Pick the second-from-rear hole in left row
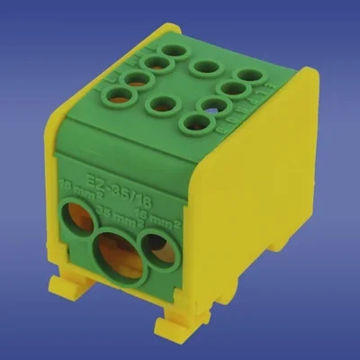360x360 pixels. [x=157, y=64]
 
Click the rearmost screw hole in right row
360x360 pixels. [x=249, y=76]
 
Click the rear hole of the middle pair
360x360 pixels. [x=206, y=67]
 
